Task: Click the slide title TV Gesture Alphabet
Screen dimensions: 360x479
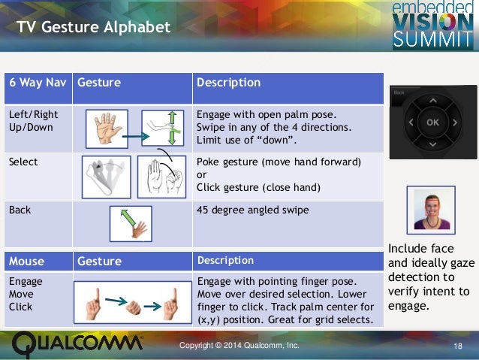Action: pos(94,29)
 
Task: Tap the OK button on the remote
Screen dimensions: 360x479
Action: pos(432,122)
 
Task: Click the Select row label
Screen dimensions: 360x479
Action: pos(23,162)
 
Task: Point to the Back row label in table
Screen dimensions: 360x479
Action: pos(20,210)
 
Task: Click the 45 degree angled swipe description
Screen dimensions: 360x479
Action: pos(252,210)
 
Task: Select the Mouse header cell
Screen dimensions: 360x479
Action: pos(26,262)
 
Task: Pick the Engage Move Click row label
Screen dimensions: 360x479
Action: pos(26,294)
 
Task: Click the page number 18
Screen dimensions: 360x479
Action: pos(457,346)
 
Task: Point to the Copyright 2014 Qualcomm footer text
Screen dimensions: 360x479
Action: pos(239,345)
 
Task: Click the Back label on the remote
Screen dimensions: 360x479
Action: pos(399,92)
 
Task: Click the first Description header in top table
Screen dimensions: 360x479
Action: pos(228,83)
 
